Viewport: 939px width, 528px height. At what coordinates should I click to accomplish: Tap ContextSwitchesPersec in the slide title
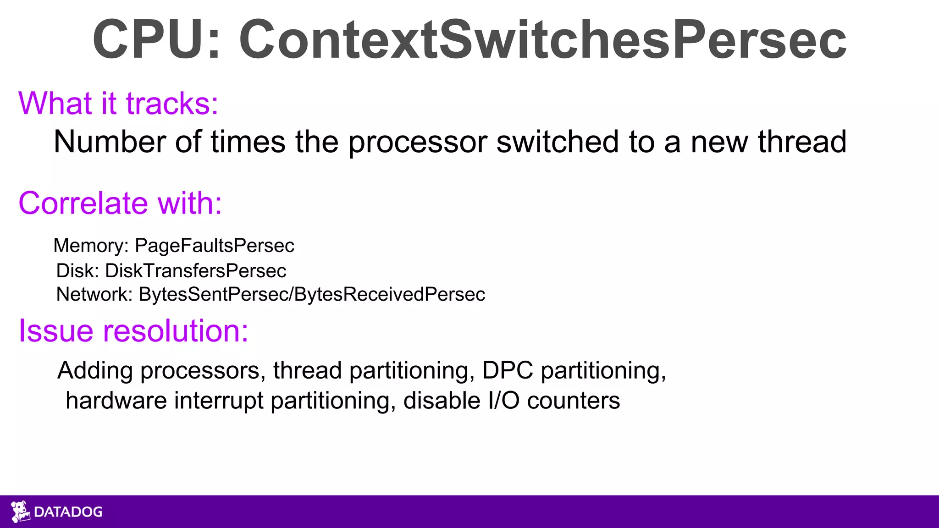pos(542,40)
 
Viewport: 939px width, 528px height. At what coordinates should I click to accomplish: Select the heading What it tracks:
pos(118,104)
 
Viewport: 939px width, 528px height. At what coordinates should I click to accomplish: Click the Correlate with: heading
pos(120,203)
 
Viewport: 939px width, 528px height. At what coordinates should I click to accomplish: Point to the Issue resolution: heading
pos(133,330)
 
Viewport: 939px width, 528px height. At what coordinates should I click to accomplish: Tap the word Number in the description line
pos(109,142)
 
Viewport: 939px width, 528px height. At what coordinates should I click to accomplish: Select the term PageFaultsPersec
pos(214,246)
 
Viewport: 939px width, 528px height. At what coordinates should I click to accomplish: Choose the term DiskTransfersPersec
pos(196,271)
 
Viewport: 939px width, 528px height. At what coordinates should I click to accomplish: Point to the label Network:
pos(94,294)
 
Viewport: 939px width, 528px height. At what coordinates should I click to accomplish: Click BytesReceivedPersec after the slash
pos(389,294)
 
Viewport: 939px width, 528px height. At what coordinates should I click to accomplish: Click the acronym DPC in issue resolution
pos(508,370)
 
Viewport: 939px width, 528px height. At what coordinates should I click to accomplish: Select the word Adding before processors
pos(95,370)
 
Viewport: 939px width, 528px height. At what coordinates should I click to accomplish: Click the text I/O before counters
pos(503,401)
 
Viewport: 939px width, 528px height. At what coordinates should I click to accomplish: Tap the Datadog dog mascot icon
pos(20,511)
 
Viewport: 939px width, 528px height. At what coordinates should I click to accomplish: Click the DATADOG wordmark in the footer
pos(68,512)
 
